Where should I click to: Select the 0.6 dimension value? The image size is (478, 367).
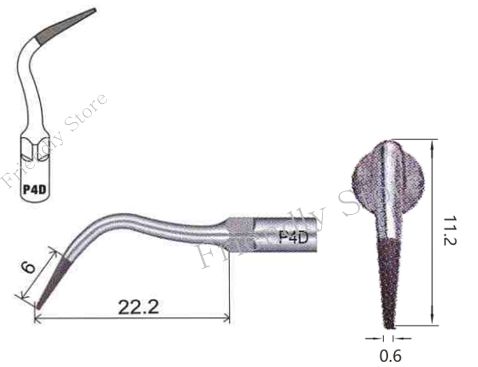[391, 356]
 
